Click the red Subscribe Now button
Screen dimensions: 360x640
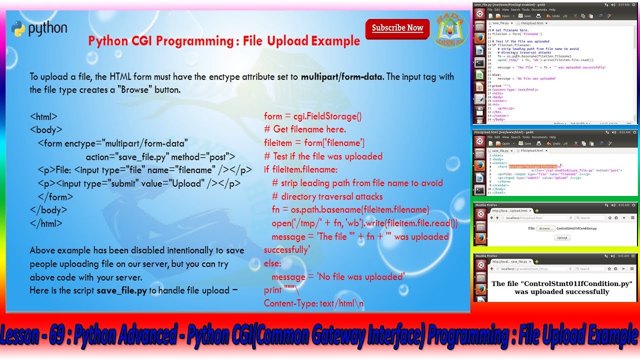pos(397,28)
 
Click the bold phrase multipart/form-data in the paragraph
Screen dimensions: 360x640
pos(342,77)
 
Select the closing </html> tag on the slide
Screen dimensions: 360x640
pos(46,223)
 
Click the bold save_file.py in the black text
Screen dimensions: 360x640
pos(121,290)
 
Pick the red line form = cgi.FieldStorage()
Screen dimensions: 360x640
pos(312,116)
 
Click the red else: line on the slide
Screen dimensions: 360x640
pos(272,263)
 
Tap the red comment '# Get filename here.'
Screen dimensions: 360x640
pos(305,129)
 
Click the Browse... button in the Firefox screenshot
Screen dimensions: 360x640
pos(545,228)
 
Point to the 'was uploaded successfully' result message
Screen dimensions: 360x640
pos(562,291)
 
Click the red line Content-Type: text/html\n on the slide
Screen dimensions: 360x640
pos(313,303)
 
